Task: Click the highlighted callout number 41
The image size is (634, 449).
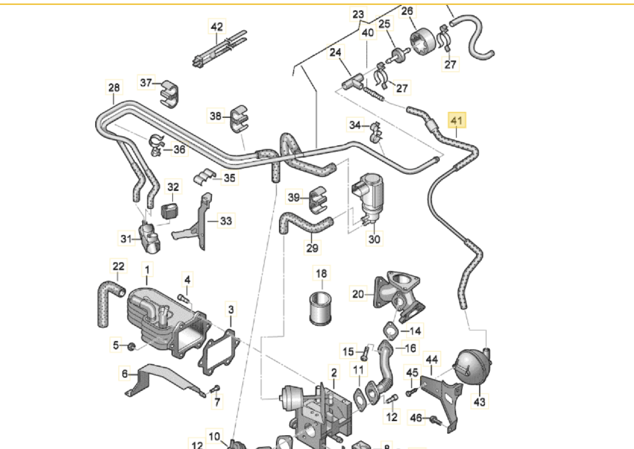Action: [457, 120]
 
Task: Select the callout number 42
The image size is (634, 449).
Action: [217, 27]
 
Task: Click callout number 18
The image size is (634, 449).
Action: [321, 273]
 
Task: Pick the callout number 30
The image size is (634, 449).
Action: [374, 239]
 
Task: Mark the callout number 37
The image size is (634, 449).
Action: [146, 83]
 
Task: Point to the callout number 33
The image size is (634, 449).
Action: [225, 221]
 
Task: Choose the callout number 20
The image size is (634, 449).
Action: [358, 294]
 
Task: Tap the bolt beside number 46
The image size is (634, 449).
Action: [436, 420]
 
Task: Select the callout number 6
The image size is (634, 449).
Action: [125, 373]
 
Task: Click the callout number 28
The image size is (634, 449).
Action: [114, 88]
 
